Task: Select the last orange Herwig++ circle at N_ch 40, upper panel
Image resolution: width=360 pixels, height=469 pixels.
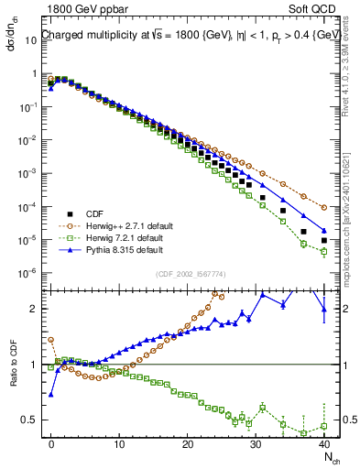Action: (x=324, y=207)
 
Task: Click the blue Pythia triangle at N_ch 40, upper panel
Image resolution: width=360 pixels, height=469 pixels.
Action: (x=324, y=230)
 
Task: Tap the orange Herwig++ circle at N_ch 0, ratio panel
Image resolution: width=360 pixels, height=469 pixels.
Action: (x=51, y=340)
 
